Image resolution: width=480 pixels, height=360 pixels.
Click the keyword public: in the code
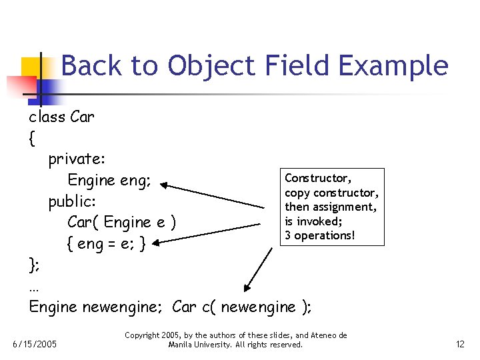(x=73, y=201)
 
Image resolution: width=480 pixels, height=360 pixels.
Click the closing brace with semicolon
(x=34, y=265)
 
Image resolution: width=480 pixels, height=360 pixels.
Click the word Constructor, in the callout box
(x=317, y=178)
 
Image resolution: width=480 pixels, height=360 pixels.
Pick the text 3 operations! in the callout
(x=319, y=235)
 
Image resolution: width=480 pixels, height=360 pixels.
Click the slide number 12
(x=459, y=345)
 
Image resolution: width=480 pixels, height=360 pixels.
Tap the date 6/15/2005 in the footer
(x=35, y=345)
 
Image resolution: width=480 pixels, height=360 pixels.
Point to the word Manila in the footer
(x=181, y=345)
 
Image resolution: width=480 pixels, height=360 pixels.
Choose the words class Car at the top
(x=61, y=117)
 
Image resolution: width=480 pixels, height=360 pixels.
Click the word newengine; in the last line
(x=125, y=307)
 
